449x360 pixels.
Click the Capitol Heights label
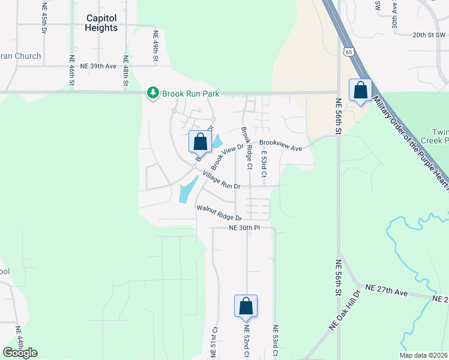point(101,23)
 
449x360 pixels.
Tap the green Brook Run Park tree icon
point(153,93)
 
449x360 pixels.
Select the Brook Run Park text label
point(190,94)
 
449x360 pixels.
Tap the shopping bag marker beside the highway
point(360,91)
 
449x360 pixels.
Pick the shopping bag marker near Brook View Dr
point(200,142)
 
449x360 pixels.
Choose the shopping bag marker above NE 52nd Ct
point(246,306)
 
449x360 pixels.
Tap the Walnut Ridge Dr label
point(218,213)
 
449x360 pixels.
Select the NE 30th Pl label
point(244,228)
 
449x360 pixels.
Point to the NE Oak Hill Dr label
point(344,310)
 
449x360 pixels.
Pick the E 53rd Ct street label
point(263,163)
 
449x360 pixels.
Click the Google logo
point(20,353)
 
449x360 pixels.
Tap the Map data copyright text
point(423,355)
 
